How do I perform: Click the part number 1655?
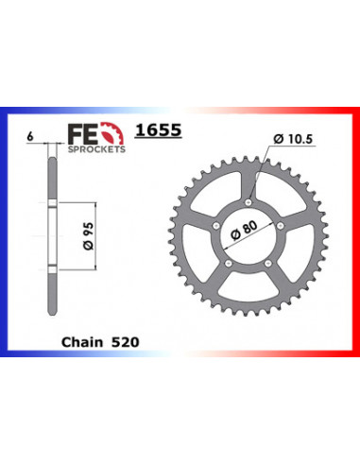[x=158, y=130]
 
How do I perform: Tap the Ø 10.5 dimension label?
[x=293, y=139]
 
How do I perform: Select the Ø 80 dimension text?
[x=244, y=230]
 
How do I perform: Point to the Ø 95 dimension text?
[x=89, y=236]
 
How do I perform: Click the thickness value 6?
[x=30, y=137]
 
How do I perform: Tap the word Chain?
[x=82, y=342]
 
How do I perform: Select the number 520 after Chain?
[x=125, y=342]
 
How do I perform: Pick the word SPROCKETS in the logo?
[x=96, y=149]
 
